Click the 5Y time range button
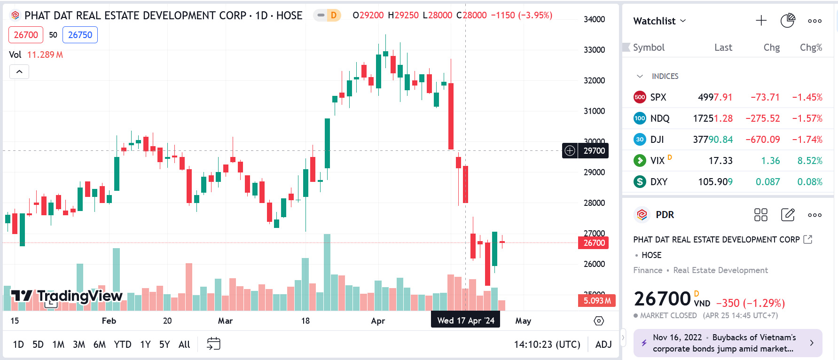click(164, 344)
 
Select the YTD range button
click(123, 344)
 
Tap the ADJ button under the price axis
click(603, 344)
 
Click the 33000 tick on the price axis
click(594, 50)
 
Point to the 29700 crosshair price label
click(594, 151)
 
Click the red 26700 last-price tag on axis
click(594, 243)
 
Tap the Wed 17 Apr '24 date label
click(466, 321)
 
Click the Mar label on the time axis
click(225, 321)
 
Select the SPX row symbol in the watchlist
click(658, 97)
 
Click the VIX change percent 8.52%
click(810, 161)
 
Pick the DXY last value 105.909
click(715, 182)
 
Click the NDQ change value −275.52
click(762, 118)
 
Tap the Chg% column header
click(811, 47)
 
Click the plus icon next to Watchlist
click(761, 21)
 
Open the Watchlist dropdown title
click(659, 21)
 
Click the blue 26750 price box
click(80, 35)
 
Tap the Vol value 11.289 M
click(45, 55)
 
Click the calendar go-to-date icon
click(213, 344)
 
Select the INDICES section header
click(665, 76)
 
